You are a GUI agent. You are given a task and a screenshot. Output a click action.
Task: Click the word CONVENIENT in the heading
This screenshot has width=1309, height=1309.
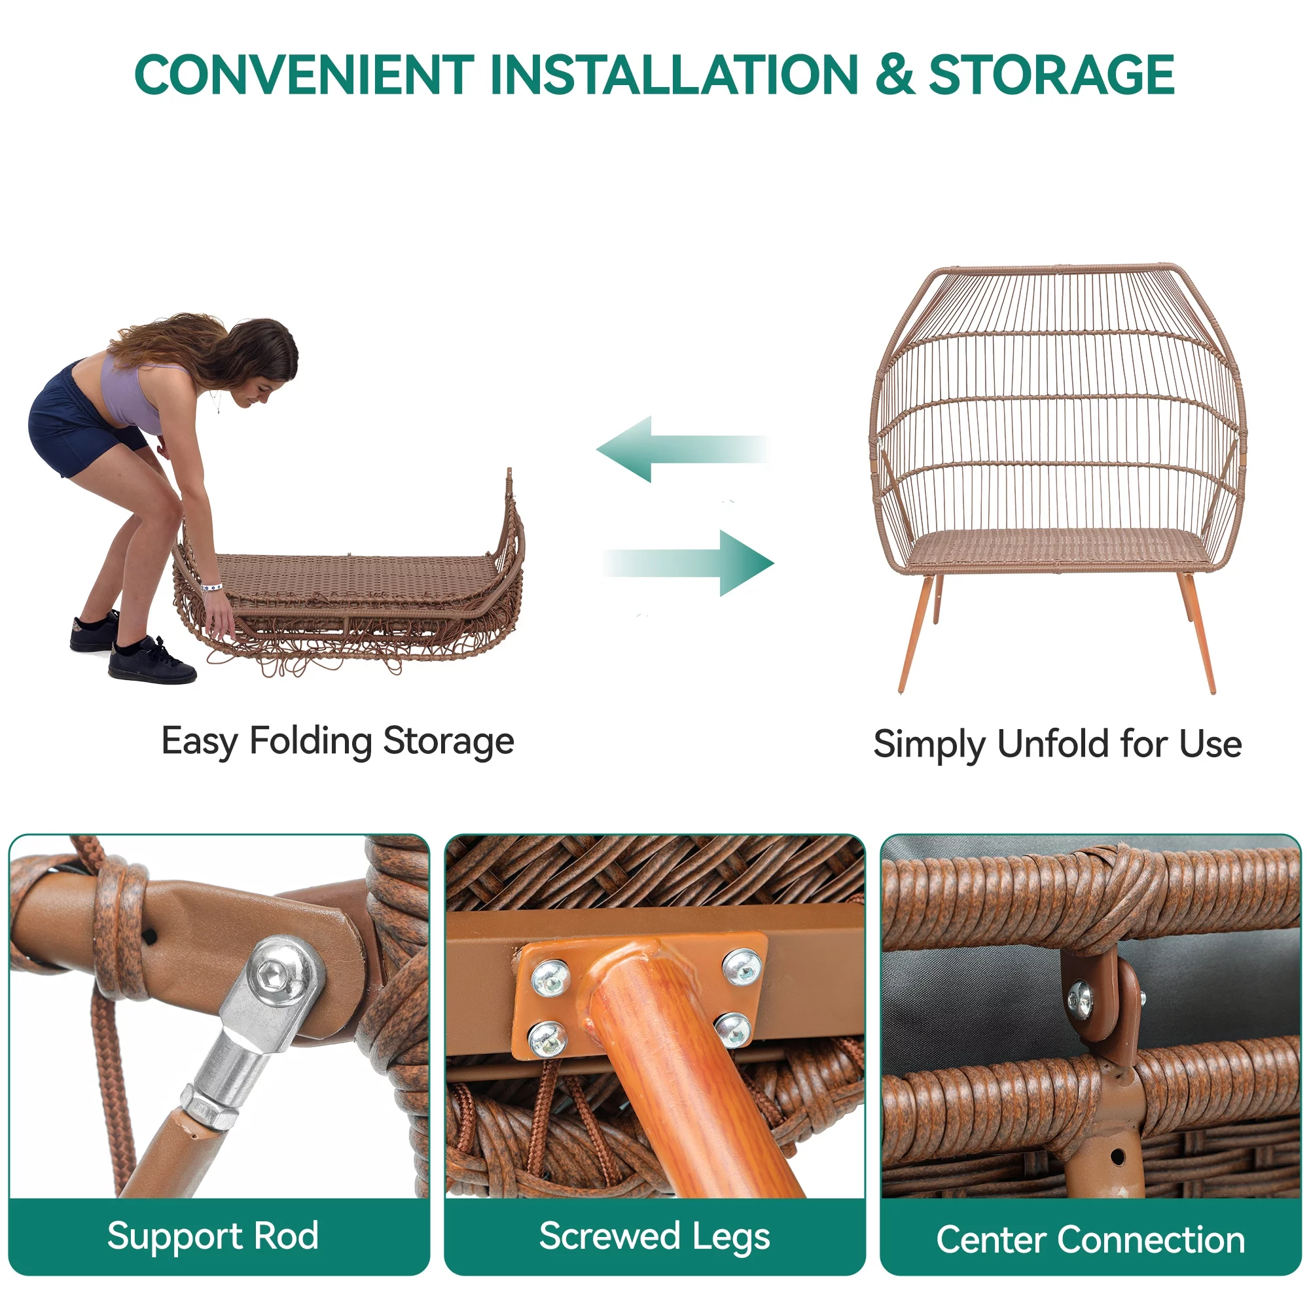(x=304, y=75)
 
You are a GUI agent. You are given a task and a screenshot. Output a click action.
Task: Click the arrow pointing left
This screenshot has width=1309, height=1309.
(x=681, y=448)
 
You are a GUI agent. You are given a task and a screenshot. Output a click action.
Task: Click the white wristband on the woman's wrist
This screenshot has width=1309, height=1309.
(x=213, y=586)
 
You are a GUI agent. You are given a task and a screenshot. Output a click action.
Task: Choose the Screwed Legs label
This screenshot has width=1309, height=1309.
(x=654, y=1236)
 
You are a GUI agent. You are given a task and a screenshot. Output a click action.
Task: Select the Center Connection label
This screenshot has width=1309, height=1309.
(x=1091, y=1240)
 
